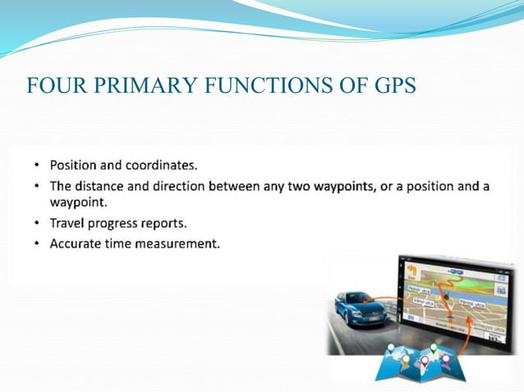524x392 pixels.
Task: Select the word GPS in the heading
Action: tap(393, 84)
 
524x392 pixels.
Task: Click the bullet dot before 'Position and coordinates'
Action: tap(37, 165)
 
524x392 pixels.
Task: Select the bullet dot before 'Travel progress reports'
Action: tap(37, 223)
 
